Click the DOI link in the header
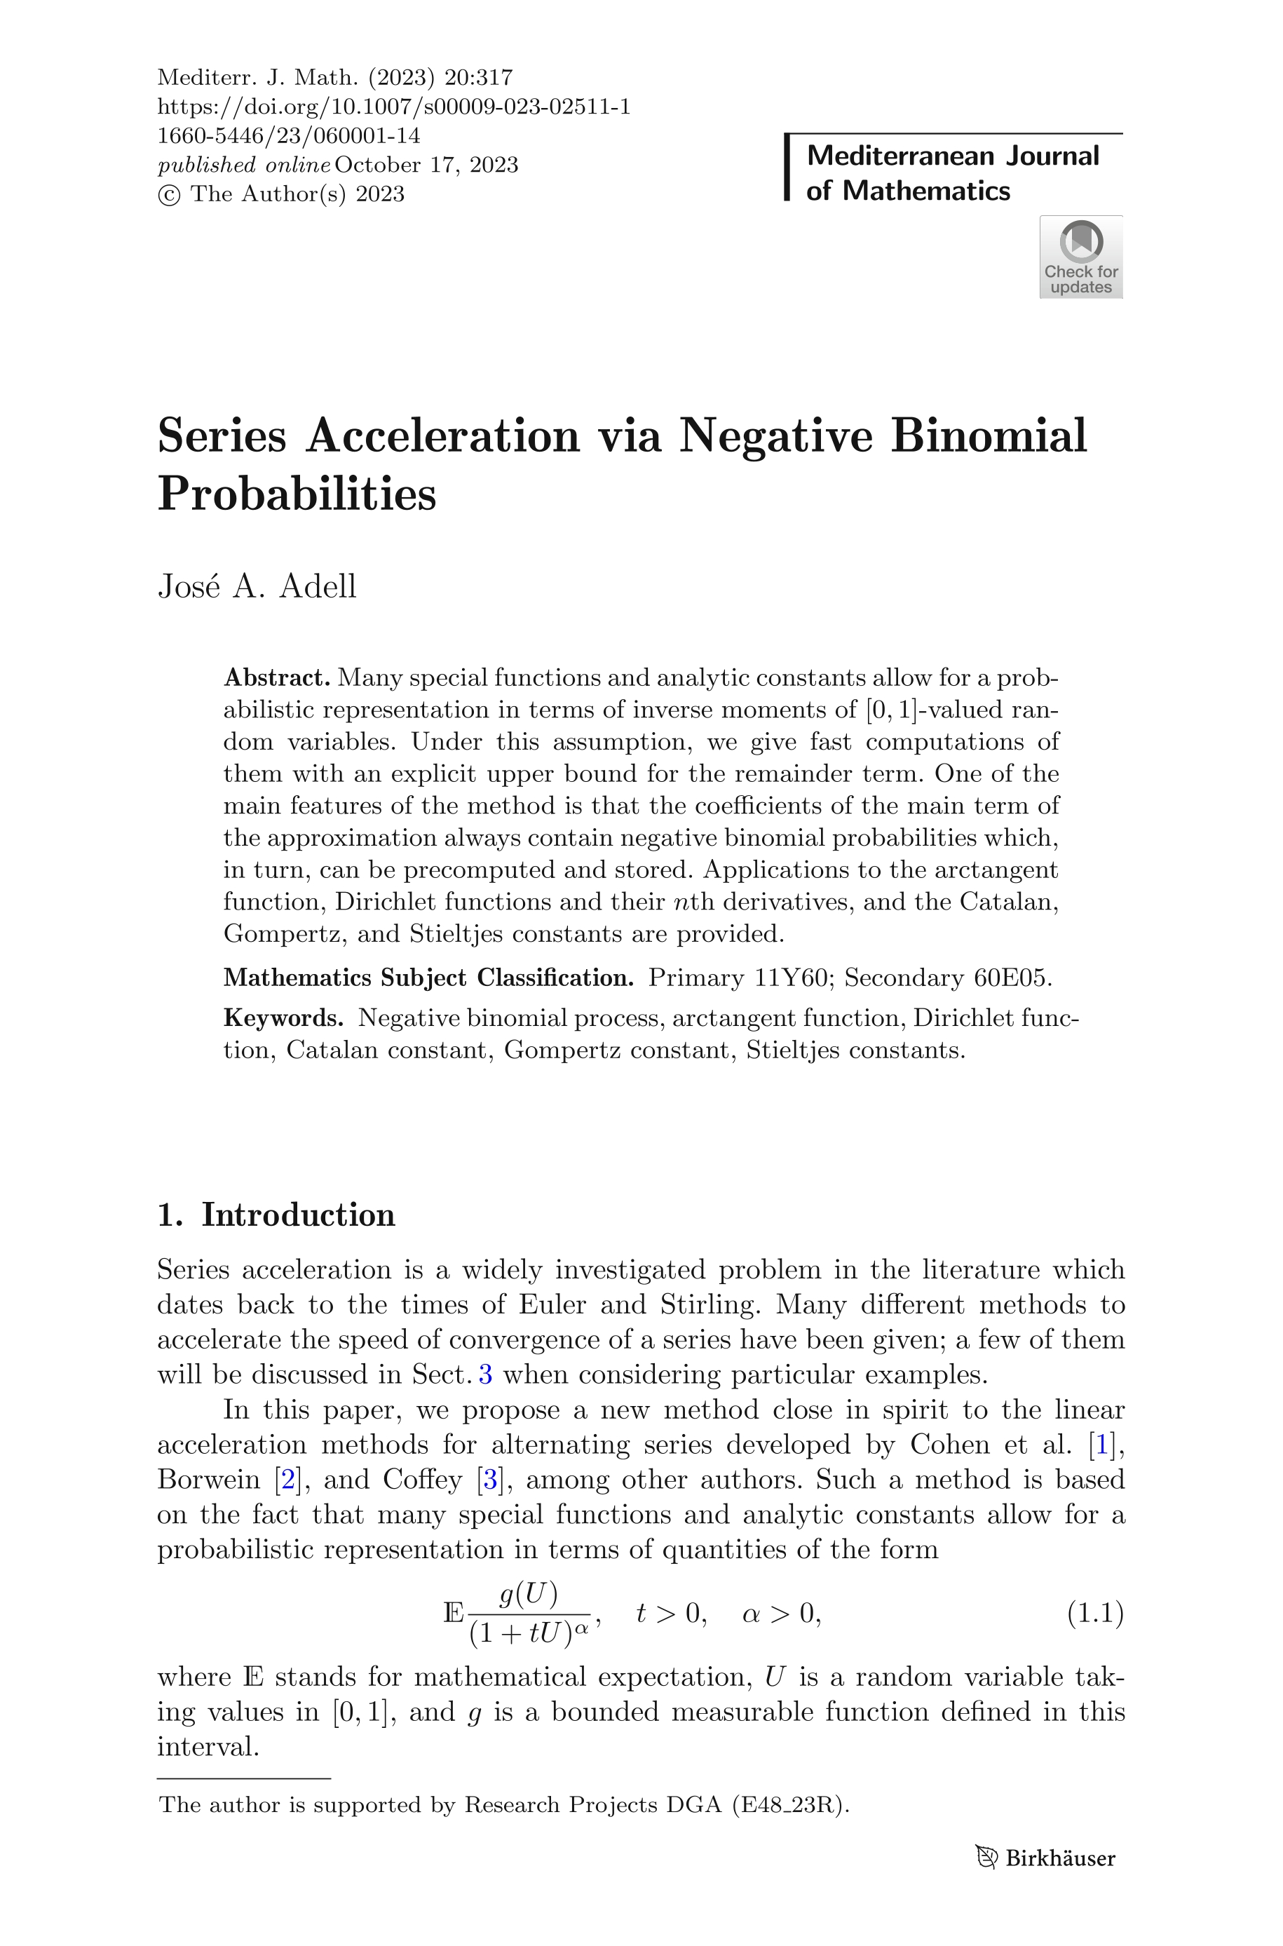coord(393,107)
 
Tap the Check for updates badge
coord(1080,257)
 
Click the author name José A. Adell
coord(257,587)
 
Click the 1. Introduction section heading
coord(276,1215)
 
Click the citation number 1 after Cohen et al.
coord(1102,1445)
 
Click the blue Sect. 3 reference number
coord(485,1374)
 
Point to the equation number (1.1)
coord(1095,1614)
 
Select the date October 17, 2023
coord(426,165)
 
